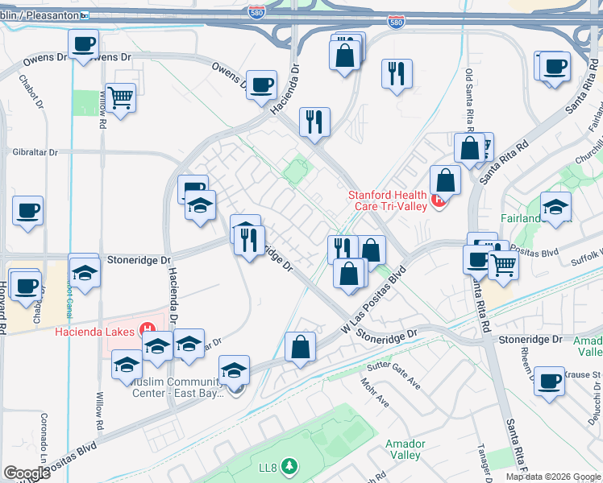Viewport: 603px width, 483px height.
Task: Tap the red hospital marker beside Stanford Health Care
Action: pos(439,200)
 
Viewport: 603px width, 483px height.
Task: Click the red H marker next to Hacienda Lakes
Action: pos(148,329)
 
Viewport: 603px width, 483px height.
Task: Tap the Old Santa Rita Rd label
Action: pos(469,101)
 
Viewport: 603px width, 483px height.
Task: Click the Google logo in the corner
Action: pos(27,473)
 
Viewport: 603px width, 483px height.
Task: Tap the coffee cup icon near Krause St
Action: pos(549,381)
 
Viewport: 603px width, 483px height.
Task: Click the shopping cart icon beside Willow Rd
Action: pos(120,98)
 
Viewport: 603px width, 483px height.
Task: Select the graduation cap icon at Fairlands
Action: pos(555,206)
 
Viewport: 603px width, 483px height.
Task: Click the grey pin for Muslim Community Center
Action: pos(235,390)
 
